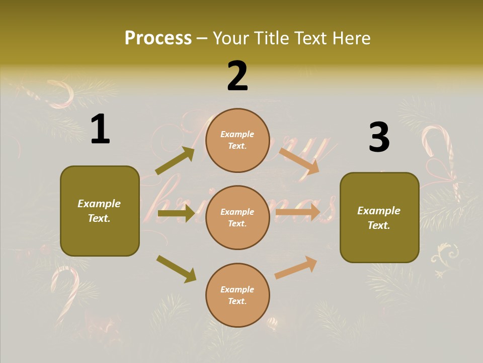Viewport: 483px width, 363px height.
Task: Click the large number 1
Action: (x=100, y=130)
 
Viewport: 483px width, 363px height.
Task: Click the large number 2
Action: (x=237, y=76)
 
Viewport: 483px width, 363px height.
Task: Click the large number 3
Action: (x=379, y=138)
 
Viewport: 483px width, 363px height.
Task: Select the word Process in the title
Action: (x=158, y=38)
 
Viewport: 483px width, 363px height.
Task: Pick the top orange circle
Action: (x=237, y=140)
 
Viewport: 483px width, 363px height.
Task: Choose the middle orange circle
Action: (x=237, y=218)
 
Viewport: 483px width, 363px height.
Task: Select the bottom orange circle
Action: (x=237, y=295)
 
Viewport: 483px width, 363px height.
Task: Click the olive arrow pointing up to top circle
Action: (x=175, y=161)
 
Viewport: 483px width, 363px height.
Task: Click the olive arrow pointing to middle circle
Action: (x=176, y=213)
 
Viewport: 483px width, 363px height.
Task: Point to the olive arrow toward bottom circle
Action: (x=177, y=269)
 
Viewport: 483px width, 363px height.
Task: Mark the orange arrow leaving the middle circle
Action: (x=298, y=212)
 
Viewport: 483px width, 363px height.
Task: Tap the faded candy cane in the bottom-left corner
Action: (x=65, y=292)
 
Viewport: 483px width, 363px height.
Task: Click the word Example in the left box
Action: (x=99, y=204)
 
